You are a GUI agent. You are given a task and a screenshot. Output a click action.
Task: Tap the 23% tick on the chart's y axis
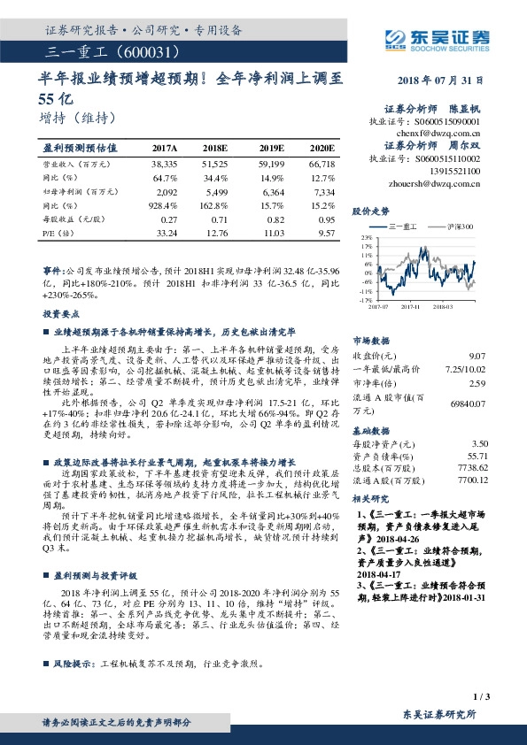click(x=366, y=238)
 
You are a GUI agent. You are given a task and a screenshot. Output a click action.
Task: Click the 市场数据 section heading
click(x=371, y=340)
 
